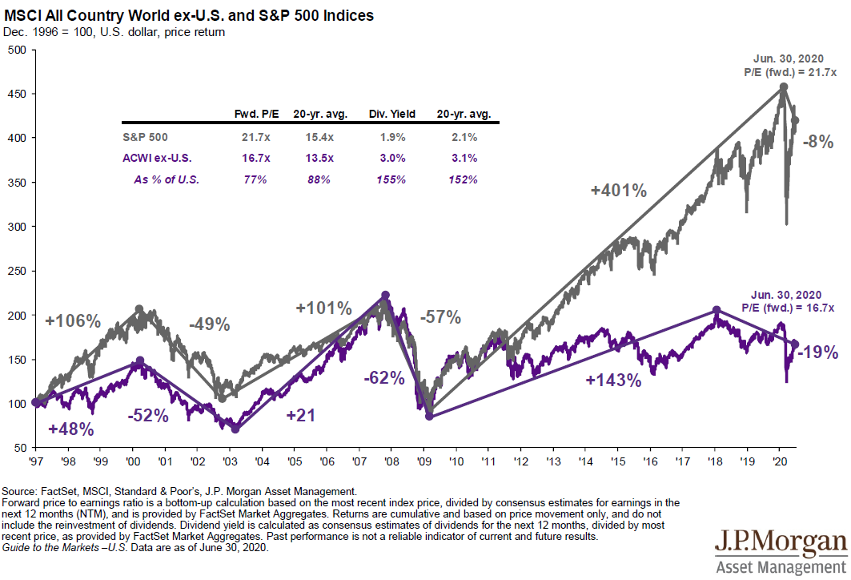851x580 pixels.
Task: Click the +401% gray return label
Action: (618, 191)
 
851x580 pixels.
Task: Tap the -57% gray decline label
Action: (440, 316)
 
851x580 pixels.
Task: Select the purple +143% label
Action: (614, 381)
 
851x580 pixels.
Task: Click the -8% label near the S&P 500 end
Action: (819, 143)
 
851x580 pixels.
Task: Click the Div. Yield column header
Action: (392, 114)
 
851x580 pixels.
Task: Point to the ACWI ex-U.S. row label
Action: (157, 159)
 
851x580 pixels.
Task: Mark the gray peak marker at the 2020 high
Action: (783, 87)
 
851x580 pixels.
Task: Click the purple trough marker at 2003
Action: (235, 429)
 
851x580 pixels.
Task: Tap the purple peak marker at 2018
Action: (717, 310)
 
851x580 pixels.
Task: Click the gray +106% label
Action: (73, 322)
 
